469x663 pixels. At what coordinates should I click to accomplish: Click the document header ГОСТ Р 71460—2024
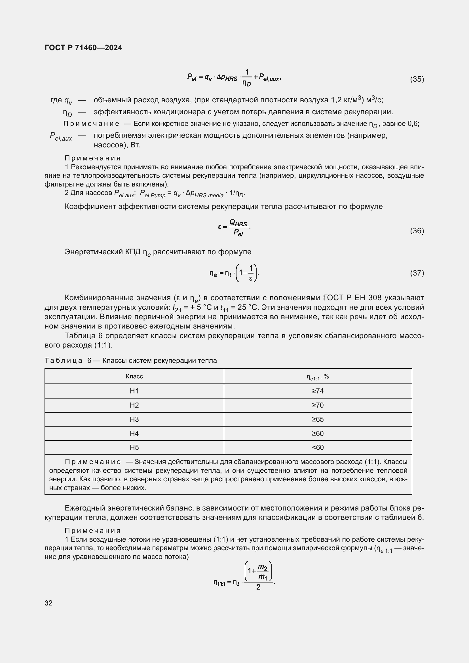[83, 48]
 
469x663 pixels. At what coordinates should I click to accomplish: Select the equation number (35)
[417, 79]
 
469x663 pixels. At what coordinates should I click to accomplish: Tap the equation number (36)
[417, 231]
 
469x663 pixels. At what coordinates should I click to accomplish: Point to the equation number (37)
[417, 273]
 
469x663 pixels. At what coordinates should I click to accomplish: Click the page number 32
[48, 603]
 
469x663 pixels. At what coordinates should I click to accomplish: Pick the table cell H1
[134, 391]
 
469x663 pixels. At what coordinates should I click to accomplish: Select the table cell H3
[134, 419]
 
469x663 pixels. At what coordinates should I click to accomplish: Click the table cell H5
[134, 447]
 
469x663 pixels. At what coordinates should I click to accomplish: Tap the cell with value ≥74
[318, 391]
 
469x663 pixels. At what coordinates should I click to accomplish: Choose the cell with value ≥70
[318, 405]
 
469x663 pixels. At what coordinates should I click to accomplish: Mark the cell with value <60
[318, 447]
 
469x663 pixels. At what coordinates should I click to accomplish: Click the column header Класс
[134, 376]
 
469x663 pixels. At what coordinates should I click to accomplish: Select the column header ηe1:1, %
[318, 376]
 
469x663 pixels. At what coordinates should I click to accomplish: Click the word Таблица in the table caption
[64, 361]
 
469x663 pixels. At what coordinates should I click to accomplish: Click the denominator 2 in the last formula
[258, 587]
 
